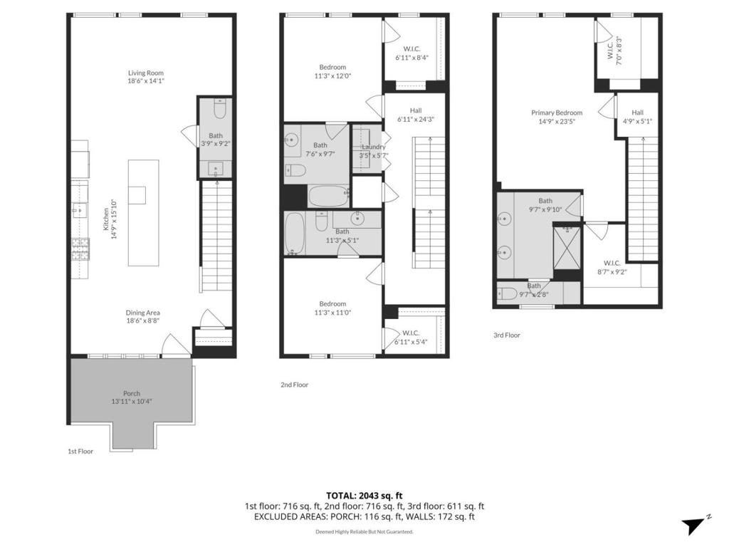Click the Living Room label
[x=146, y=73]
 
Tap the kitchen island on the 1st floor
[x=144, y=212]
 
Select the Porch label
[x=132, y=393]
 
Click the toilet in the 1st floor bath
[x=219, y=109]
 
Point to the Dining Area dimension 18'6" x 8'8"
[x=143, y=321]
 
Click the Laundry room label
[x=374, y=147]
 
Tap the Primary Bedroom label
[x=557, y=113]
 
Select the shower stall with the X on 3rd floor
[x=567, y=247]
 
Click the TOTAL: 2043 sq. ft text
[x=364, y=496]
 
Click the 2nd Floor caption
[x=294, y=385]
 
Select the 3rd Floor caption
[x=507, y=335]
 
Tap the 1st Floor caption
[x=80, y=451]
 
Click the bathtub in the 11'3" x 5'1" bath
[x=295, y=234]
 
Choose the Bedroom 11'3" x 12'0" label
[x=332, y=67]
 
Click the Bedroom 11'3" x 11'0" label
[x=332, y=303]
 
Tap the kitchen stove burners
[x=80, y=249]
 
